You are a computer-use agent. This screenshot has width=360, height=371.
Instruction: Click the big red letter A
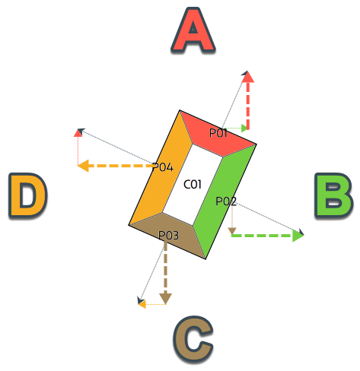pyautogui.click(x=193, y=30)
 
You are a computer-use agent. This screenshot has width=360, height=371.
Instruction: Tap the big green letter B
pyautogui.click(x=333, y=195)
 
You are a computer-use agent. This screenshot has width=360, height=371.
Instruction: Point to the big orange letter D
pyautogui.click(x=28, y=195)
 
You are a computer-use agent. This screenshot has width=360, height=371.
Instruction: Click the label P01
pyautogui.click(x=218, y=133)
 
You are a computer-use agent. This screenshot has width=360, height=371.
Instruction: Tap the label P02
pyautogui.click(x=226, y=201)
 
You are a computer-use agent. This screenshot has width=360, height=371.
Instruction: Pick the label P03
pyautogui.click(x=168, y=236)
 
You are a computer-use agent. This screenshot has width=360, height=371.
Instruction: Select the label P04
pyautogui.click(x=163, y=167)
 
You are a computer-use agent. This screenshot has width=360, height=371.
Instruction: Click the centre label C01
pyautogui.click(x=193, y=185)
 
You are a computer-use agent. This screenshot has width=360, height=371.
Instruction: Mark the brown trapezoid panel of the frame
pyautogui.click(x=169, y=234)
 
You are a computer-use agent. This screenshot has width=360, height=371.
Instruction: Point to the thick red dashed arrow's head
pyautogui.click(x=248, y=77)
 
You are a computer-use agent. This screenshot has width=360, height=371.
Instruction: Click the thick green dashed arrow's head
pyautogui.click(x=298, y=236)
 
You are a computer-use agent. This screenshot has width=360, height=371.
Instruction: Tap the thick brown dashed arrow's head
pyautogui.click(x=165, y=299)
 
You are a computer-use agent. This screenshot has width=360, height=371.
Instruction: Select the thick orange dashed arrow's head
pyautogui.click(x=83, y=166)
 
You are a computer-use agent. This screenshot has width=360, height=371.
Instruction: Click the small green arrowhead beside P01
pyautogui.click(x=244, y=128)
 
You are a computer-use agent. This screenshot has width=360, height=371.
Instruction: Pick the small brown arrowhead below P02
pyautogui.click(x=232, y=231)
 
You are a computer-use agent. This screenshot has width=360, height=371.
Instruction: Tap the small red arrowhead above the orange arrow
pyautogui.click(x=78, y=133)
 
